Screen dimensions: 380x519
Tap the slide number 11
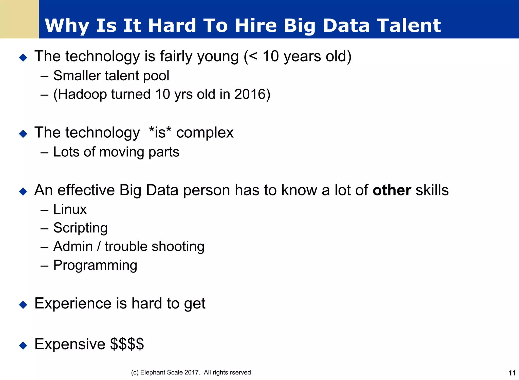click(512, 373)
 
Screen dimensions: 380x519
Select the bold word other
click(392, 190)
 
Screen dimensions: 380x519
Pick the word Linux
click(70, 209)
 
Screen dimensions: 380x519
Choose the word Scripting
click(80, 228)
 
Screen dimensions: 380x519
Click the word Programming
click(95, 265)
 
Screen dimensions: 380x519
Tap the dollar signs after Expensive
click(127, 344)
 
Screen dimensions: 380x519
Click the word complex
click(205, 133)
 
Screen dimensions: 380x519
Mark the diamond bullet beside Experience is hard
click(23, 305)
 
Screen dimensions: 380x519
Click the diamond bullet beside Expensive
click(23, 345)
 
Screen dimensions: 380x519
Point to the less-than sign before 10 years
click(253, 56)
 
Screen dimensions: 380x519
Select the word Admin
click(73, 246)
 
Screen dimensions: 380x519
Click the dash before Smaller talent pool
click(44, 76)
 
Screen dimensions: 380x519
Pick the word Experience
click(73, 303)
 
